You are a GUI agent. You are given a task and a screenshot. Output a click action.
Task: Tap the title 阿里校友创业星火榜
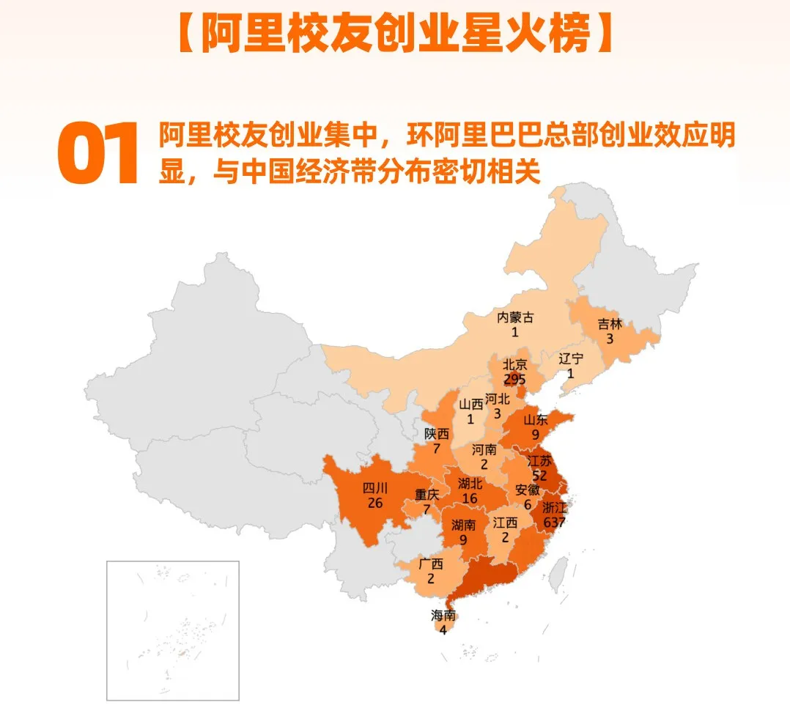pos(395,34)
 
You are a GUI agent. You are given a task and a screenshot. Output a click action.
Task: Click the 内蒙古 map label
pos(515,317)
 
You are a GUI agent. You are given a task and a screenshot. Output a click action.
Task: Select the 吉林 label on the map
pos(609,323)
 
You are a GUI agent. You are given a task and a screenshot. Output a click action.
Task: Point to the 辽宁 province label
pos(571,358)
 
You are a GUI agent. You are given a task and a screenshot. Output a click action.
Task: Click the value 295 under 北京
pos(514,379)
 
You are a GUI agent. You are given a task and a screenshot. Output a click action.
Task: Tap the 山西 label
pos(471,404)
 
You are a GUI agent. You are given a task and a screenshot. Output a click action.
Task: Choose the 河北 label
pos(497,399)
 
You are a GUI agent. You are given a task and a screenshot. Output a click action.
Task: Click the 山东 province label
pos(536,420)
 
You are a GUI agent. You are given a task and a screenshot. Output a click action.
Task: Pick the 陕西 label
pos(437,433)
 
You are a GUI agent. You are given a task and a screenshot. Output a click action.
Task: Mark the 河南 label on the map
pos(484,449)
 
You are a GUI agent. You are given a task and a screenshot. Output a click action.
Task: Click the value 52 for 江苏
pos(539,475)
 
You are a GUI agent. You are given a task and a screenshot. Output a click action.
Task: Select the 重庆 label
pos(427,495)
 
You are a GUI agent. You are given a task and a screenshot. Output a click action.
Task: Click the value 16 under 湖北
pos(470,498)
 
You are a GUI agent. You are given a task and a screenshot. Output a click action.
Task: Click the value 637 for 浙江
pos(554,522)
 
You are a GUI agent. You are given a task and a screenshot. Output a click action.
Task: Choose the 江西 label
pos(506,523)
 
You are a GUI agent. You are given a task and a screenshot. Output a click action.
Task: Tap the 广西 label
pos(431,564)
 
